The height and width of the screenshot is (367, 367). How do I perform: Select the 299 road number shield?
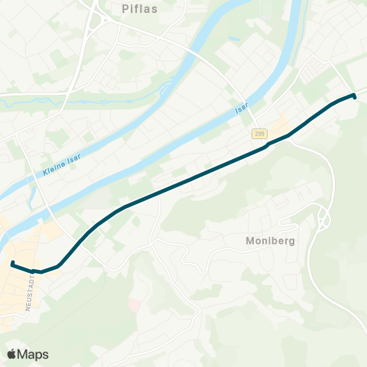point(259,133)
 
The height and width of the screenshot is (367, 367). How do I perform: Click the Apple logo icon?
point(11,354)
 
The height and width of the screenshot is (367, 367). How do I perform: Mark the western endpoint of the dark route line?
point(13,264)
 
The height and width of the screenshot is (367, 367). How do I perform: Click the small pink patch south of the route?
point(135,305)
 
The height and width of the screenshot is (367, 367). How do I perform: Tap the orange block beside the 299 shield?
point(280,124)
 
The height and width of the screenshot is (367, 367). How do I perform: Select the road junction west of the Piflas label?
point(95,22)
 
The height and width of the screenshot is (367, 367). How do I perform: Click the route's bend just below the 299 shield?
point(269,144)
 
